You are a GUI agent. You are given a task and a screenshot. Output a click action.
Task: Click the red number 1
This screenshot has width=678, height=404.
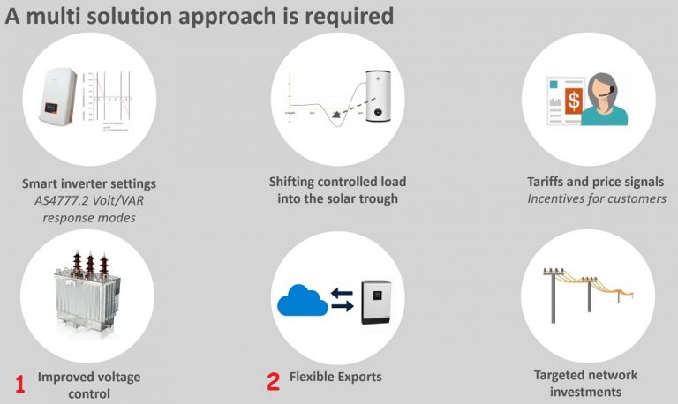click(x=20, y=383)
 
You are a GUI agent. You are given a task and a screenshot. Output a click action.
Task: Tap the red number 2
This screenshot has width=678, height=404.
click(x=274, y=380)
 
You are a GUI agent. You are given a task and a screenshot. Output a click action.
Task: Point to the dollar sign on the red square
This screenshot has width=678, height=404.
click(x=575, y=101)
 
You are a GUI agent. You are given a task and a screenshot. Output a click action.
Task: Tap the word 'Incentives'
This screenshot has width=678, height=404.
click(x=559, y=198)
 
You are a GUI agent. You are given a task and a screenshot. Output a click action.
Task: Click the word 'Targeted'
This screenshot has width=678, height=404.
click(x=562, y=375)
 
